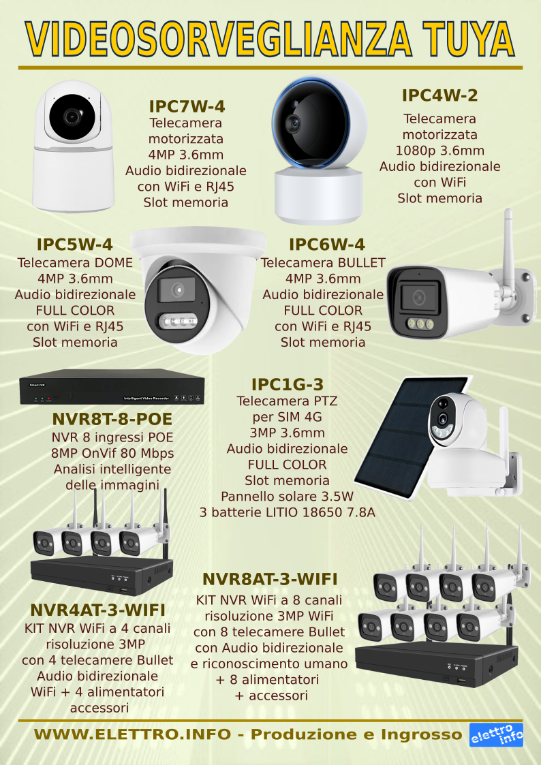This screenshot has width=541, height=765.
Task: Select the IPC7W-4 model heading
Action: coord(187,106)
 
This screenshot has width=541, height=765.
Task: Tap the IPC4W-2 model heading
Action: coord(439,95)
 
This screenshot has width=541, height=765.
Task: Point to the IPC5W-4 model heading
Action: coord(75,245)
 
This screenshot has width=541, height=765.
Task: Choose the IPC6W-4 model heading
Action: coord(327,245)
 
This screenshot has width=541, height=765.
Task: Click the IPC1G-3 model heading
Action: coord(288,384)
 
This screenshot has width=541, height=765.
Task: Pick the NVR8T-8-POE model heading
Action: coord(112,419)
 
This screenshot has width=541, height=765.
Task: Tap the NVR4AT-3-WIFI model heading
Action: coord(97,610)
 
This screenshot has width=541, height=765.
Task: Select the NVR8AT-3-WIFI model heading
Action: coord(270,579)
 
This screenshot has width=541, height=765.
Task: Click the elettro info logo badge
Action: coord(496,735)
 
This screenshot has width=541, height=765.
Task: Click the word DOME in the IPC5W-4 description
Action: coord(112,263)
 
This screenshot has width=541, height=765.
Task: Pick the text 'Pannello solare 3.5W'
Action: coord(288,497)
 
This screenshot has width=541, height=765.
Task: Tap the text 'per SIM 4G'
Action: coord(288,417)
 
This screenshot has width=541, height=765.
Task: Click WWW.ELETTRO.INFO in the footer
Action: coord(132,734)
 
